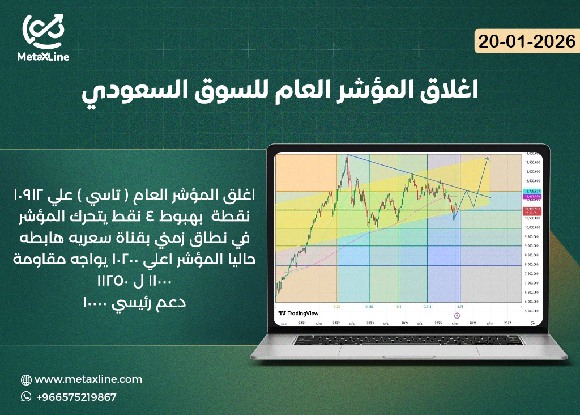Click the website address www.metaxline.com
coord(88,379)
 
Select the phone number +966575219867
coord(76,397)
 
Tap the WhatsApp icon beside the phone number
coord(26,397)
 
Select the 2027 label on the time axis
coord(507,322)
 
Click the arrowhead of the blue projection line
coord(488,158)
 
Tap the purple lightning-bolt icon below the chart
coord(458,315)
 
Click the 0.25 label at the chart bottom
coord(337,306)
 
